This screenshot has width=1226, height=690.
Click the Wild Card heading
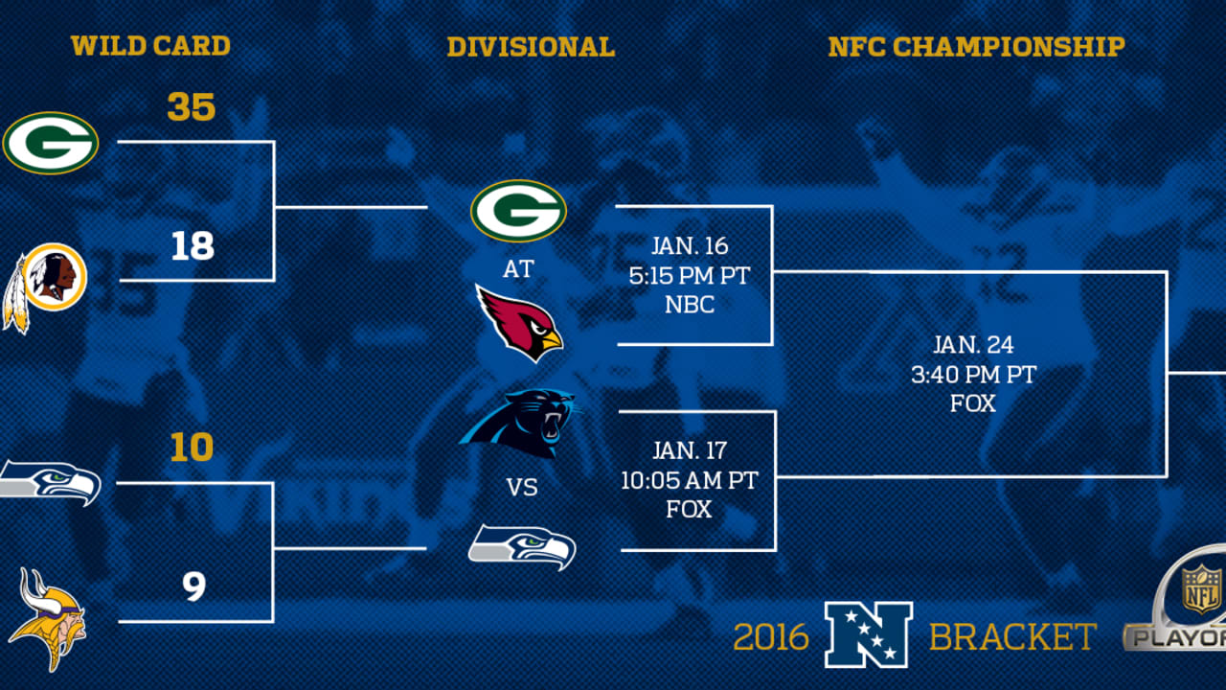coord(150,46)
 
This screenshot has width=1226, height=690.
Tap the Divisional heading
coord(531,47)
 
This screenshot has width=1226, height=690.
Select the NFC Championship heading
coord(976,47)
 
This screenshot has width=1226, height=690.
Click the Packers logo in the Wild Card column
coord(51,143)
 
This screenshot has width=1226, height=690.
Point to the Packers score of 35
coord(192,107)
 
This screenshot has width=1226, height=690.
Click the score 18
coord(193,246)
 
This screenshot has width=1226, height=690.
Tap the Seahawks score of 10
coord(192,448)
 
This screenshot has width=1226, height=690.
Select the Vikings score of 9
coord(193,586)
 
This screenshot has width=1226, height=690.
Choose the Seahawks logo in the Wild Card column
coord(50,481)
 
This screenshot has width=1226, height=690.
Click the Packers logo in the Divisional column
coord(518,211)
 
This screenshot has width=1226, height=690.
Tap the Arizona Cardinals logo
coord(520,322)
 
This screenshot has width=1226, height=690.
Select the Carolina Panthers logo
coord(518,422)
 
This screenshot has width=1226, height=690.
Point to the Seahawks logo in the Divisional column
coord(522,547)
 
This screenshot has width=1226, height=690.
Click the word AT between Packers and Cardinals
coord(518,269)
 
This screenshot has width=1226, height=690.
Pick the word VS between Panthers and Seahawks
coord(521,488)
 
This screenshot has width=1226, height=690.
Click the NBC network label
coord(689,304)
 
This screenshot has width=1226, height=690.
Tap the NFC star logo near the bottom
coord(869,634)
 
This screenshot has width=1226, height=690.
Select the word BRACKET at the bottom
coord(1012,637)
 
